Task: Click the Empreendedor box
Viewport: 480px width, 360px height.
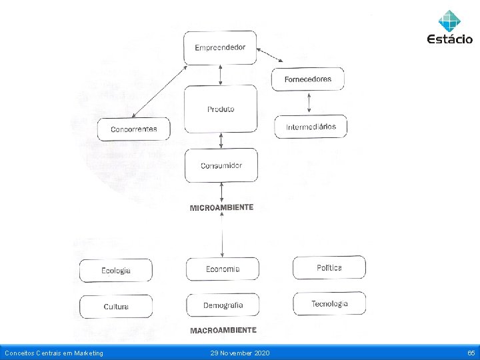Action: point(220,47)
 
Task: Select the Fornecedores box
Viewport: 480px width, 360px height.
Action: point(307,79)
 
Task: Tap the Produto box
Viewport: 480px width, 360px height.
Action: point(221,109)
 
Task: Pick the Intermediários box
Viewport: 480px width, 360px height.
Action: point(311,127)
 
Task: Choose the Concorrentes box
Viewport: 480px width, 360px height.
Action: point(134,129)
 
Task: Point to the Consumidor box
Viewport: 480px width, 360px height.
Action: point(221,165)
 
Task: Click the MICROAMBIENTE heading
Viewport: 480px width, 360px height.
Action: point(221,208)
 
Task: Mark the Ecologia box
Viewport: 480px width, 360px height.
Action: point(116,271)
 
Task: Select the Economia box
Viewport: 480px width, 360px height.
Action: point(222,269)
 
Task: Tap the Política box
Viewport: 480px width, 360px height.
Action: point(329,267)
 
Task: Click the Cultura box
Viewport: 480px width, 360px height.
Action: point(116,307)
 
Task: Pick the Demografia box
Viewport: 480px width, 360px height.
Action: point(223,305)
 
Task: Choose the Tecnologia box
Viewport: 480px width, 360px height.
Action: point(329,304)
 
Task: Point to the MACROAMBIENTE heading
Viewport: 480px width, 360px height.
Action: point(223,330)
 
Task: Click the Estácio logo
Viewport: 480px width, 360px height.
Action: point(449,27)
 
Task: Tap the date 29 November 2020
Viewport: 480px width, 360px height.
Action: point(240,353)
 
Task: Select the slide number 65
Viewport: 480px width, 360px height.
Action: point(471,353)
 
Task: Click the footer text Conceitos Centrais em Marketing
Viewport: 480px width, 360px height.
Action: point(54,353)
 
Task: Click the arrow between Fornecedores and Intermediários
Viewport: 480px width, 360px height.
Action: point(309,103)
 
